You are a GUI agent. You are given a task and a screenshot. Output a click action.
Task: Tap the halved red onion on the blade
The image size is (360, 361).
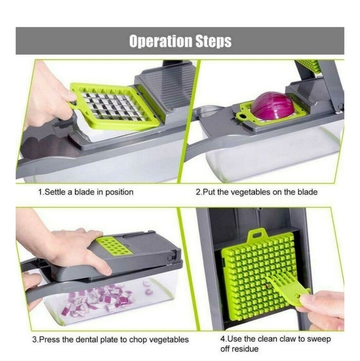[272, 106]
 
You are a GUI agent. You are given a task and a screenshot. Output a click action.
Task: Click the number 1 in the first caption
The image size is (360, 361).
[39, 192]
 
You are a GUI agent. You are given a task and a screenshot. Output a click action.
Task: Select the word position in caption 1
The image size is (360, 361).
[116, 192]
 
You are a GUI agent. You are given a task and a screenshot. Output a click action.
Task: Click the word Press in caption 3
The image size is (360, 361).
[50, 339]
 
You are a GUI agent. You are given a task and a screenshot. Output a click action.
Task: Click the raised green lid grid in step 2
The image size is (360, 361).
[309, 65]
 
